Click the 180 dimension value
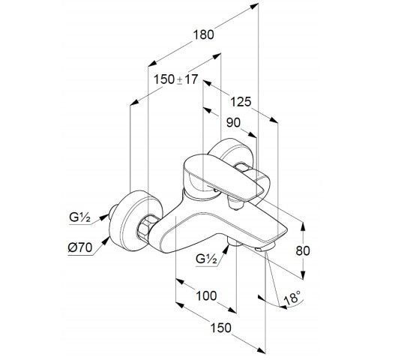pyautogui.click(x=204, y=34)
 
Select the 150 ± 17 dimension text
pyautogui.click(x=176, y=79)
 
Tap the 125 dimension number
pyautogui.click(x=241, y=102)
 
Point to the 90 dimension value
pyautogui.click(x=233, y=123)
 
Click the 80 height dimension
pyautogui.click(x=303, y=250)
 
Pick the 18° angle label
pyautogui.click(x=292, y=298)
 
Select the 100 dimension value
pyautogui.click(x=206, y=295)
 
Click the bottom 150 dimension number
pyautogui.click(x=220, y=328)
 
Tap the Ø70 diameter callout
pyautogui.click(x=80, y=248)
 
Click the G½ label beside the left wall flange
pyautogui.click(x=80, y=217)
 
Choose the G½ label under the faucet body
pyautogui.click(x=206, y=259)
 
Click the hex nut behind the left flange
pyautogui.click(x=145, y=226)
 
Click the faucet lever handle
pyautogui.click(x=224, y=176)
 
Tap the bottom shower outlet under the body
pyautogui.click(x=232, y=241)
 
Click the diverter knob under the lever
pyautogui.click(x=235, y=204)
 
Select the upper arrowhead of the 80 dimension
pyautogui.click(x=304, y=226)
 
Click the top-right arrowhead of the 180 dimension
pyautogui.click(x=254, y=6)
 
